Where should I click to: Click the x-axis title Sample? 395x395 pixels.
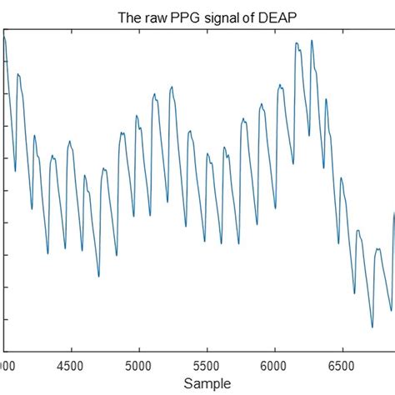click(x=205, y=384)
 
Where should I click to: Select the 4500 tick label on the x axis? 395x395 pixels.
click(x=72, y=364)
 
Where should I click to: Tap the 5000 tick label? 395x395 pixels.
click(x=139, y=364)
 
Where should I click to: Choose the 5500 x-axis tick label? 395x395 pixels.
click(x=207, y=364)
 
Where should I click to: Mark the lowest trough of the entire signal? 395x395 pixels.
click(x=372, y=327)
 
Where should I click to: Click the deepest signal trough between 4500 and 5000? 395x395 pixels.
click(x=98, y=276)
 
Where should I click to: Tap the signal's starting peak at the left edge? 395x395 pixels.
click(x=5, y=37)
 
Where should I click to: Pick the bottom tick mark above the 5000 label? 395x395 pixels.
click(x=139, y=350)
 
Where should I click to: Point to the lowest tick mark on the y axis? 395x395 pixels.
click(x=6, y=319)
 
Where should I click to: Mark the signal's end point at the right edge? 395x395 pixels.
click(x=393, y=214)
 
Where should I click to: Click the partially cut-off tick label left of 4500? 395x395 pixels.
click(x=4, y=364)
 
